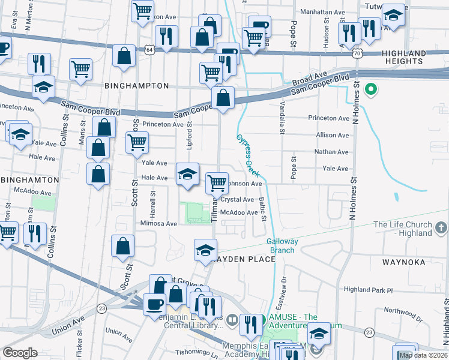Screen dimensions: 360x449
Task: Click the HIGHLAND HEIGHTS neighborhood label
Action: click(412, 57)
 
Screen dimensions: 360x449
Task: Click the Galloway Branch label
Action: click(281, 245)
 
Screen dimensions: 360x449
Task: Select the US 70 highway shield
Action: click(357, 53)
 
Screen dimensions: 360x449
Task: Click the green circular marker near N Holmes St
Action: click(371, 91)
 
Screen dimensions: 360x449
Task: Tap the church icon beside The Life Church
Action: click(442, 228)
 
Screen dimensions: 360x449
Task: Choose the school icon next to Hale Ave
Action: click(187, 174)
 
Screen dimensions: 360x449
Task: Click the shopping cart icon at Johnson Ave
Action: click(217, 182)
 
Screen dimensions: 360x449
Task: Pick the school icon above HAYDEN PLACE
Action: click(205, 249)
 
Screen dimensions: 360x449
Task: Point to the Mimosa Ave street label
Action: click(159, 223)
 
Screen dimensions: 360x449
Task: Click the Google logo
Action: click(20, 353)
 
